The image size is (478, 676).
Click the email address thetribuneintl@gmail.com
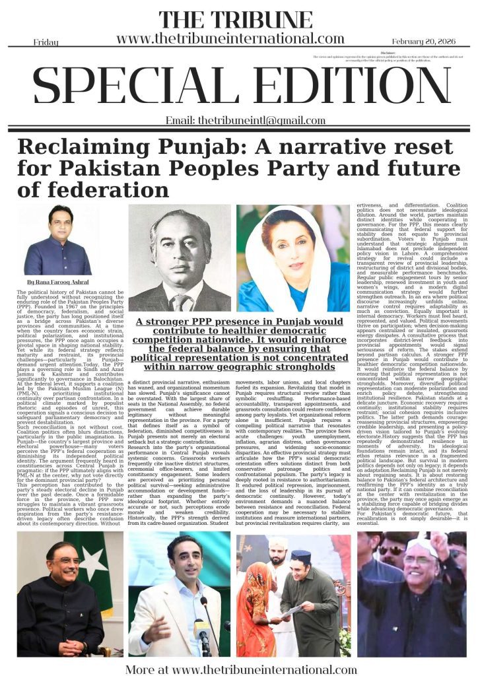coord(236,120)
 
